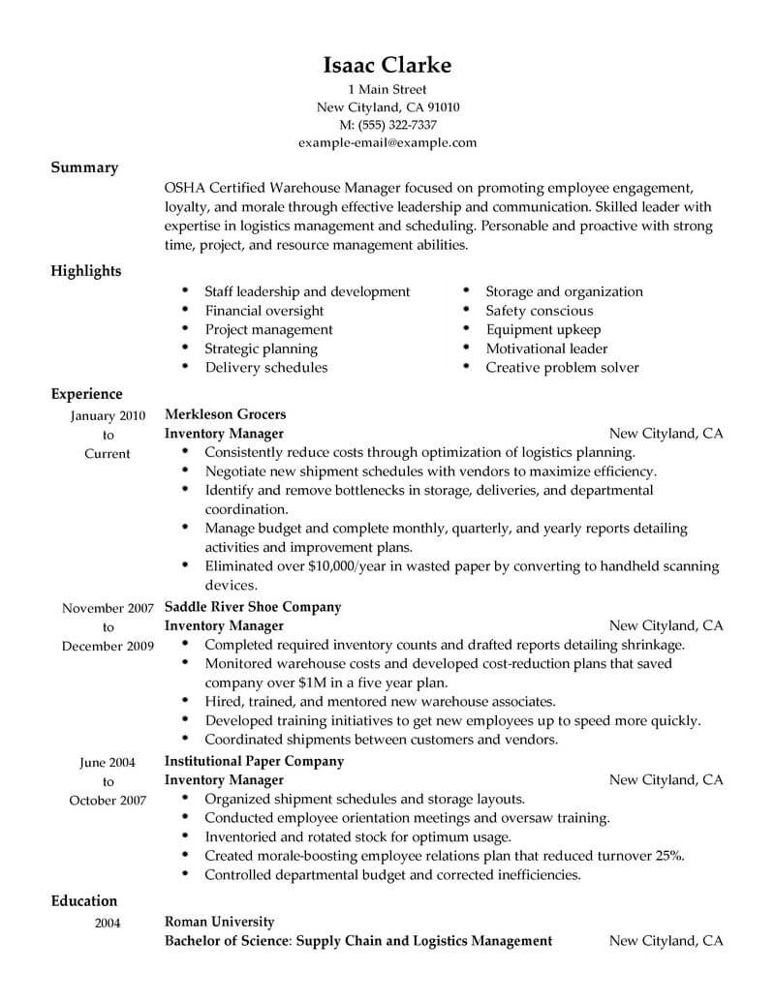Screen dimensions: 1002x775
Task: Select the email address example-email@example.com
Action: coord(387,142)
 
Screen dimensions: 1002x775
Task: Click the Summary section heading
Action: coord(84,167)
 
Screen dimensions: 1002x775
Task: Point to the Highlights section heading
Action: coord(86,271)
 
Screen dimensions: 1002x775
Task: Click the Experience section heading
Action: coord(86,394)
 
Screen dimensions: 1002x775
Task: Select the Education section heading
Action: coord(84,900)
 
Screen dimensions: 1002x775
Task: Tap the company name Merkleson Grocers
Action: coord(225,414)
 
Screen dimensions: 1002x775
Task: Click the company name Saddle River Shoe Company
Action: coord(253,607)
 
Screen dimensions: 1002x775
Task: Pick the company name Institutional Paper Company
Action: coord(254,761)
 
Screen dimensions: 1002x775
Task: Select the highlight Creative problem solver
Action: coord(562,368)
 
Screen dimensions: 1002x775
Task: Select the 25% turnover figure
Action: coord(668,856)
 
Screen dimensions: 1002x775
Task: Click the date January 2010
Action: coord(108,416)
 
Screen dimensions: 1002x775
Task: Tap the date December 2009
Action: coord(108,646)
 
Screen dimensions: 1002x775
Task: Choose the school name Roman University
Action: coord(220,922)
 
